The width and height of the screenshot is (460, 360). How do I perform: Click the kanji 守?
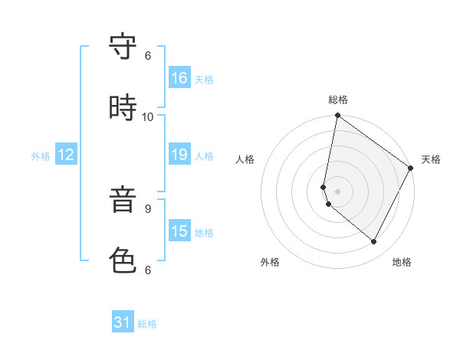(123, 48)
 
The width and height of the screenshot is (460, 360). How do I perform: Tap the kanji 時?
(123, 108)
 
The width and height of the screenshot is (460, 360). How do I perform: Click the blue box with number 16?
(179, 77)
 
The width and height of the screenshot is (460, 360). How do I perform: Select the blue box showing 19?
(179, 155)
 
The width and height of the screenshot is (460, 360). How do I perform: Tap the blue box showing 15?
(179, 231)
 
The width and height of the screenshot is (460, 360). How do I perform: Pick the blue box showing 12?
(66, 155)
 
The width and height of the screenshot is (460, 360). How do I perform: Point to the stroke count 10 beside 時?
(148, 116)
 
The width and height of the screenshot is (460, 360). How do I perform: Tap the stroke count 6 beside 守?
(148, 56)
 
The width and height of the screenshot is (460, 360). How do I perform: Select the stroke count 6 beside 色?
(148, 270)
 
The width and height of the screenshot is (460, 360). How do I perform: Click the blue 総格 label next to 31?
(147, 324)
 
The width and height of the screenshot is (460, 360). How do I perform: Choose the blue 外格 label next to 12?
(41, 156)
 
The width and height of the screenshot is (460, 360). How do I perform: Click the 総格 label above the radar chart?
(338, 100)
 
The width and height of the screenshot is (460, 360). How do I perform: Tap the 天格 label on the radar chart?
(431, 159)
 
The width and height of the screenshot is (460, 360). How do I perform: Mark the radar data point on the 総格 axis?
(337, 116)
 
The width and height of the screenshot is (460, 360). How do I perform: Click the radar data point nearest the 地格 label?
(374, 242)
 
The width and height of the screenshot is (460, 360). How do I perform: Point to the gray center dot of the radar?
(337, 191)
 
